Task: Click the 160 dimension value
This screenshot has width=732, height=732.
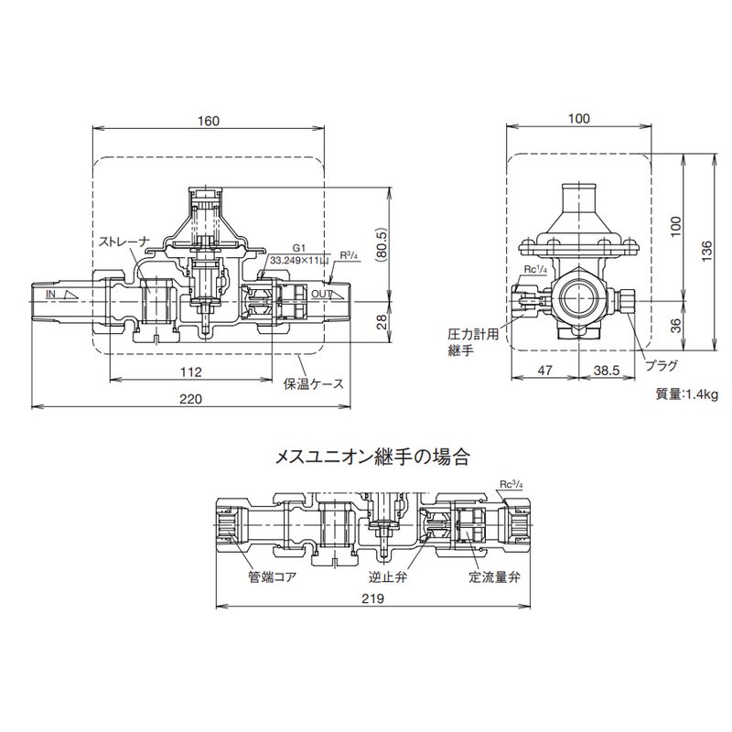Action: coord(209,121)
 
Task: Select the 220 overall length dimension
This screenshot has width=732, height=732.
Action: coord(191,399)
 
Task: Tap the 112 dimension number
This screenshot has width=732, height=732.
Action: coord(191,371)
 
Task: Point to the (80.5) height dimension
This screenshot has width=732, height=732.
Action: coord(382,243)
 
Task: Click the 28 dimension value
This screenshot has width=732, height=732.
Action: coord(382,322)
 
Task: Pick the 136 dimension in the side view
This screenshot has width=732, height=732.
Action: coord(706,251)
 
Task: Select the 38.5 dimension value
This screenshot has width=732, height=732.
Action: coord(606,371)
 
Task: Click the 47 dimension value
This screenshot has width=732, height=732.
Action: coord(544,371)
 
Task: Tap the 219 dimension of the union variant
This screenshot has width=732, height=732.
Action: coord(372,598)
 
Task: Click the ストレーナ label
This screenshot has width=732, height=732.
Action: coord(124,241)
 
